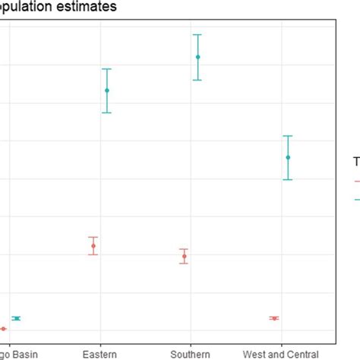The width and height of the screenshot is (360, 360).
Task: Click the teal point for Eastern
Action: click(x=107, y=90)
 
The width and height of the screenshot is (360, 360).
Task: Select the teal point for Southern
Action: click(x=197, y=57)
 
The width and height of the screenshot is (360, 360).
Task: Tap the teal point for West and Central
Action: click(x=288, y=157)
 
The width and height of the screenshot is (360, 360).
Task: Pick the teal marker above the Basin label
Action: click(x=16, y=318)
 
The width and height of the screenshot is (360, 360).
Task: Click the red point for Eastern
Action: click(x=93, y=245)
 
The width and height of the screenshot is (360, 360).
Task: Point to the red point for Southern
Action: click(x=184, y=256)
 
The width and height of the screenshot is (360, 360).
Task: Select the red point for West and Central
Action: click(x=274, y=317)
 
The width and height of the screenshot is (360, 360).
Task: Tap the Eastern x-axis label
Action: click(x=100, y=354)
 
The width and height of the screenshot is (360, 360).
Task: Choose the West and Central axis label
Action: click(x=280, y=354)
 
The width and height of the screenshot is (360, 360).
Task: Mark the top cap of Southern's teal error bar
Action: click(x=197, y=35)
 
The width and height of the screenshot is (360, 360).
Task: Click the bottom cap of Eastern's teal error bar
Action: click(x=107, y=112)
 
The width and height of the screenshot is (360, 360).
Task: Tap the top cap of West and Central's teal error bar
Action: click(x=288, y=136)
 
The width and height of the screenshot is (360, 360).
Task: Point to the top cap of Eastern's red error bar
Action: click(x=93, y=237)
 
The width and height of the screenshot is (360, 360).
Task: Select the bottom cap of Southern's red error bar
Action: click(x=184, y=264)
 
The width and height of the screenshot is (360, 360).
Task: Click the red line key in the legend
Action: click(x=356, y=182)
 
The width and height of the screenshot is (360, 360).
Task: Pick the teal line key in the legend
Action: click(x=356, y=200)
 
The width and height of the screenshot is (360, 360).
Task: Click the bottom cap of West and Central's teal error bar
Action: click(x=288, y=179)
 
